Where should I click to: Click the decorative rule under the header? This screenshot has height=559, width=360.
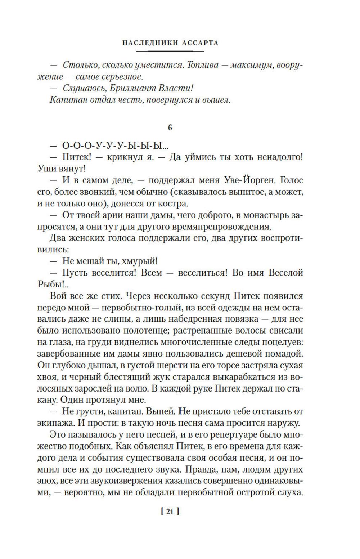coord(170,51)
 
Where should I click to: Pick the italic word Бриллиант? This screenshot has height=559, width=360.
coord(131,88)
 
